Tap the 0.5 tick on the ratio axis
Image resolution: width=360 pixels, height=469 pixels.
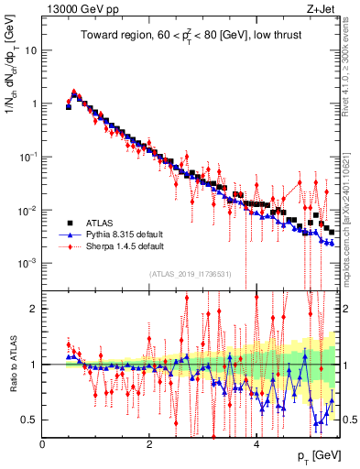click(31, 420)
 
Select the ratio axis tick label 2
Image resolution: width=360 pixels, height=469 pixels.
click(35, 309)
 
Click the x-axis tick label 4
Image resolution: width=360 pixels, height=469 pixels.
click(256, 444)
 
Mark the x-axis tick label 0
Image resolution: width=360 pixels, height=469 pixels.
click(43, 444)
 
